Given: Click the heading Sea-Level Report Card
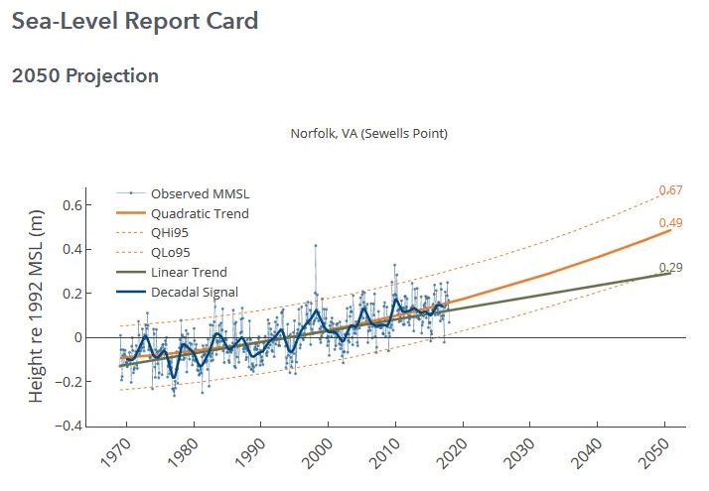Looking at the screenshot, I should [x=135, y=21].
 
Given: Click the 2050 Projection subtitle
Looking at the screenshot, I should [x=85, y=76].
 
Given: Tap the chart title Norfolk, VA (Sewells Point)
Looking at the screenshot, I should [x=368, y=134].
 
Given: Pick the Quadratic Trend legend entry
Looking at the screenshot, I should [x=199, y=212].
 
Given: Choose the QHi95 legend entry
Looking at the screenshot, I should [x=170, y=232].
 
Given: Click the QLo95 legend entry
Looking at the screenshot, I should [x=171, y=252].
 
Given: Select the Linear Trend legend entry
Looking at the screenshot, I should [x=189, y=272].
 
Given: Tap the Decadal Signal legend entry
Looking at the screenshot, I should [x=194, y=292].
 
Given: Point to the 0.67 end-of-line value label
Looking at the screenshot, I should [x=672, y=190].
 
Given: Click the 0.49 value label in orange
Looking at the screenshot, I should [x=672, y=223].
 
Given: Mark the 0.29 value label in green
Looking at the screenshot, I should [x=672, y=268].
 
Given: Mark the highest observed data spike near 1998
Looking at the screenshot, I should [x=316, y=245].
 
